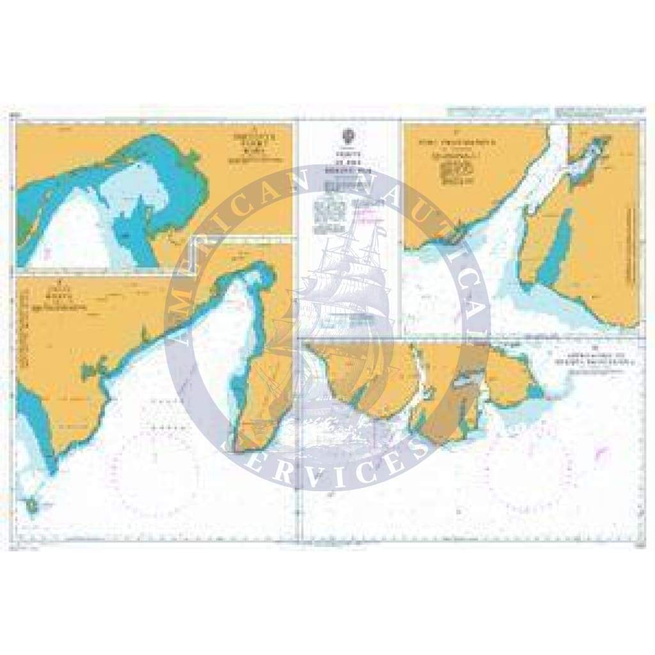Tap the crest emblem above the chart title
tap(349, 136)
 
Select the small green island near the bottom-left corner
tap(31, 506)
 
